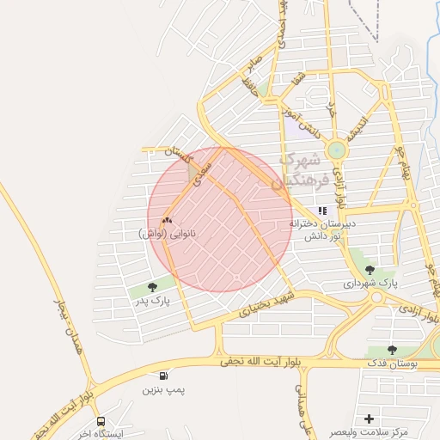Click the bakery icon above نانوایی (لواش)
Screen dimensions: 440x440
[x=168, y=221]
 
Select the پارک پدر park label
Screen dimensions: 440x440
[x=152, y=302]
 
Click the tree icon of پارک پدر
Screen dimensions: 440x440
[x=153, y=288]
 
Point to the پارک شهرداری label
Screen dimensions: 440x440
[x=372, y=283]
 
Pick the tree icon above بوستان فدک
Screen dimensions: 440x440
[x=392, y=351]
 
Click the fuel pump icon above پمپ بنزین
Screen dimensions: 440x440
[x=163, y=376]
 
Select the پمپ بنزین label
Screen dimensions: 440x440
[x=163, y=390]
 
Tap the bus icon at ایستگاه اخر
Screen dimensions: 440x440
[x=101, y=422]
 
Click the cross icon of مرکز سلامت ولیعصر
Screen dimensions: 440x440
[x=370, y=419]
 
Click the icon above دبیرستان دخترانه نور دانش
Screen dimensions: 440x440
[x=322, y=211]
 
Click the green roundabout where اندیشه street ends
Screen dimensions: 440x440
[x=335, y=150]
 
